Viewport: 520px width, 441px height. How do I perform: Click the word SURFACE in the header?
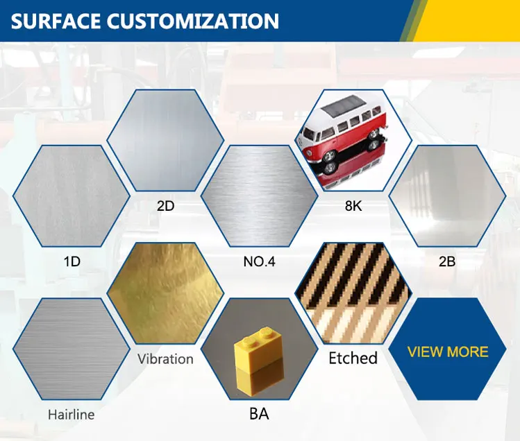(x=56, y=21)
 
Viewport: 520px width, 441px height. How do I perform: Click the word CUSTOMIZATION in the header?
(x=193, y=21)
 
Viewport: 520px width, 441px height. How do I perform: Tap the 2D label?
(x=165, y=206)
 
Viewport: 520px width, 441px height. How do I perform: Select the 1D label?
(x=72, y=261)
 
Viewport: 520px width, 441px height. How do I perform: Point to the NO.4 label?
(x=260, y=261)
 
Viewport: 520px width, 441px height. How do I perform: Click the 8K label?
(x=353, y=206)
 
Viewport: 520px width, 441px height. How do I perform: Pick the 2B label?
(x=447, y=261)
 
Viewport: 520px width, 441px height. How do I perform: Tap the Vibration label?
(x=165, y=359)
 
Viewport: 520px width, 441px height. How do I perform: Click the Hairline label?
(x=72, y=415)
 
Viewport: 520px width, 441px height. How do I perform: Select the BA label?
(x=259, y=414)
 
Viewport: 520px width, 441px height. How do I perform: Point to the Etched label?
(x=353, y=358)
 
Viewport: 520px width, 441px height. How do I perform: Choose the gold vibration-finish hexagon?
(x=165, y=293)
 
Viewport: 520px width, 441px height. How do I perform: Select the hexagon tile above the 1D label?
(x=72, y=196)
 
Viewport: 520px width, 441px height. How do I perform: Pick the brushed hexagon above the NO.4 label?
(x=260, y=196)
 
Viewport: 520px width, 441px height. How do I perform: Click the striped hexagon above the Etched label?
(x=353, y=293)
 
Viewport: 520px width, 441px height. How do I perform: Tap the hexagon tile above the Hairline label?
(x=72, y=349)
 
